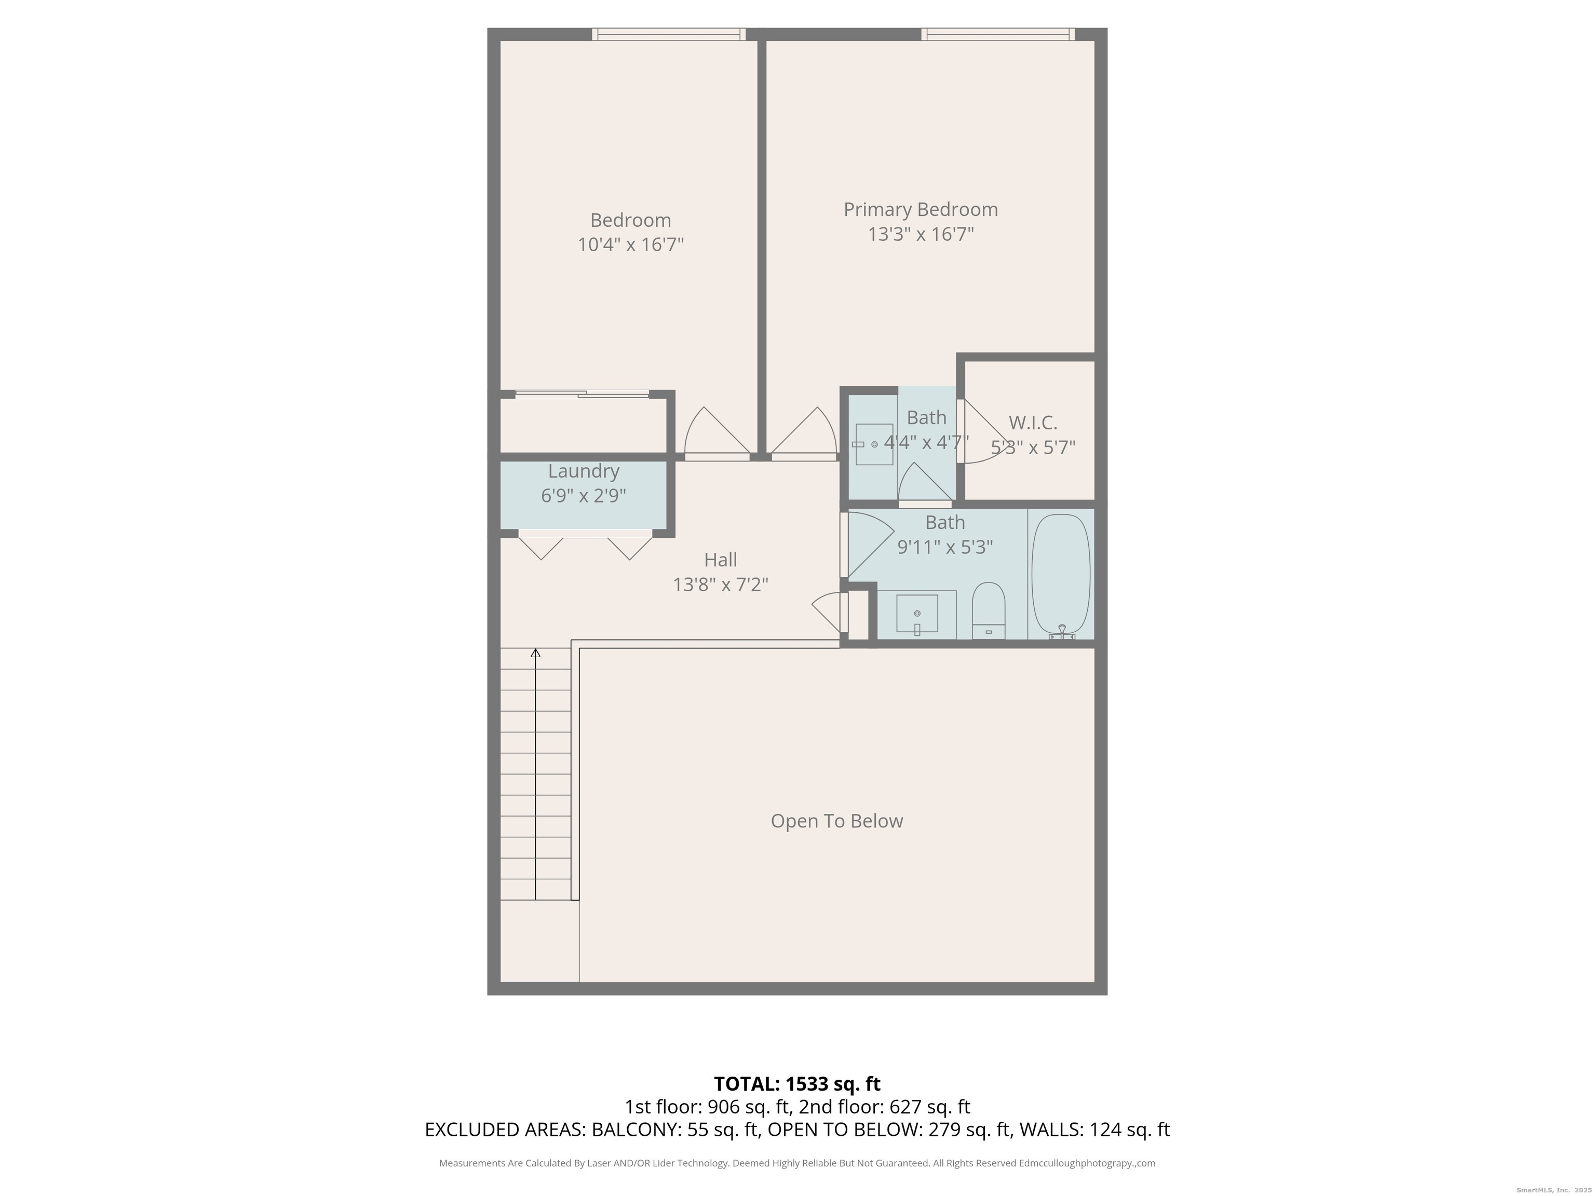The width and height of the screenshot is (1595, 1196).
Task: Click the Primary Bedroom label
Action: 921,210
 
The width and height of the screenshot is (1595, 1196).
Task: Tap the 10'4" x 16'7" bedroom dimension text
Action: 630,245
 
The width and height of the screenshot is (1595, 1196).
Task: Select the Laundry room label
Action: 584,471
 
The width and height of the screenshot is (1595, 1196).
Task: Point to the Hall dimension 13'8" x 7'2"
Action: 720,585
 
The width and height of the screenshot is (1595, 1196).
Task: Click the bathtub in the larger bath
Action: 1061,575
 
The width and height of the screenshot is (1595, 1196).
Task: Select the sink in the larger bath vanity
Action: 917,614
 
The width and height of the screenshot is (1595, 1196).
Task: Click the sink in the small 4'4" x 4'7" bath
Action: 874,444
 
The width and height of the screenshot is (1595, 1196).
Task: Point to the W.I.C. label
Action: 1033,423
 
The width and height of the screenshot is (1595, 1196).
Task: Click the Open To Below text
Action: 836,821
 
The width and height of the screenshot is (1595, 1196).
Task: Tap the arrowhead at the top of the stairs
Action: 535,653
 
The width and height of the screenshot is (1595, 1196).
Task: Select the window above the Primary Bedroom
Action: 998,34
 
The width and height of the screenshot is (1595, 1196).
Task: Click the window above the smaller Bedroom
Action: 668,34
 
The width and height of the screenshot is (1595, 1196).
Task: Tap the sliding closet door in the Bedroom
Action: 582,393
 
